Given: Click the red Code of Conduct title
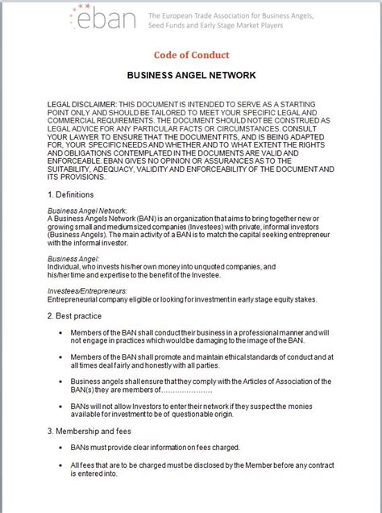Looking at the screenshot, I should [191, 55].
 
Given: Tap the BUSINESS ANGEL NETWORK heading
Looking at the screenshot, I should [191, 76].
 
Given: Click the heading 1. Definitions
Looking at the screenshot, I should [71, 194].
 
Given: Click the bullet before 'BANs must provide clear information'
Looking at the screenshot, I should [62, 447].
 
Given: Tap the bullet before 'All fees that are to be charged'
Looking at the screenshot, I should [62, 466].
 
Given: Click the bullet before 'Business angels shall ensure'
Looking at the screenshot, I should [62, 382].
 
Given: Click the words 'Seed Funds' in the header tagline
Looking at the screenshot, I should [172, 25].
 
